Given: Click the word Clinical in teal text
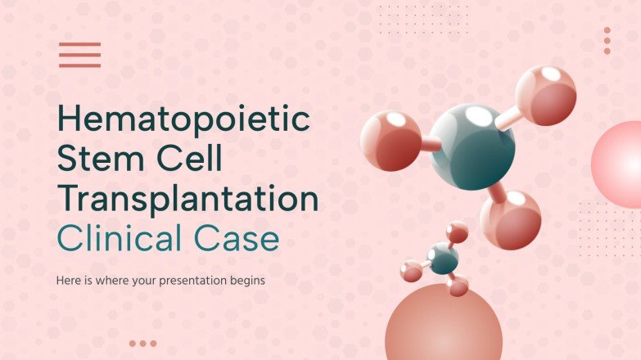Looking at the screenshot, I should [x=120, y=240].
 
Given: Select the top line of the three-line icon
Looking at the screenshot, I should [x=79, y=44].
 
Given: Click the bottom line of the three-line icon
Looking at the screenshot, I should [x=79, y=65].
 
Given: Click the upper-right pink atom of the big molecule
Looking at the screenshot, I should [x=546, y=95].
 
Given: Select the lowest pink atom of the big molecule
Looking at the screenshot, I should [x=511, y=218].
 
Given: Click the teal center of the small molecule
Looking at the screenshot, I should [x=443, y=259].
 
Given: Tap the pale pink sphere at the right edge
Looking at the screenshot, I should [x=620, y=159].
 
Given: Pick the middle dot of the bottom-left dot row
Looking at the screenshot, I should [x=142, y=344].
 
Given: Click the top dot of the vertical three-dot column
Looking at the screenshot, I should [x=607, y=30].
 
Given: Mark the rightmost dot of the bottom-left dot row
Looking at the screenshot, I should [x=153, y=344].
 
